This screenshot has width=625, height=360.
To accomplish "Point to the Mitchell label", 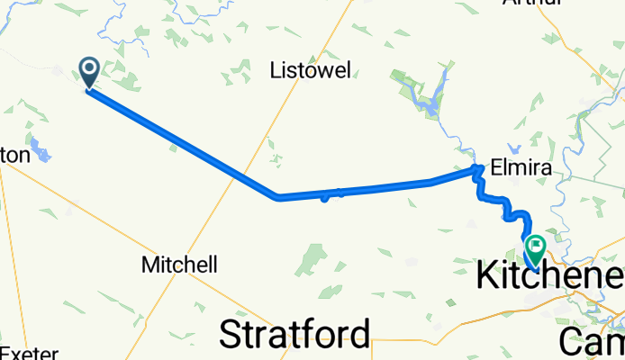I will point(180,265).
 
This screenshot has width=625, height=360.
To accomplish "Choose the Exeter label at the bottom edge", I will point(29,353).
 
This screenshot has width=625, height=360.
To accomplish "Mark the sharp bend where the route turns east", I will point(278,197).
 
